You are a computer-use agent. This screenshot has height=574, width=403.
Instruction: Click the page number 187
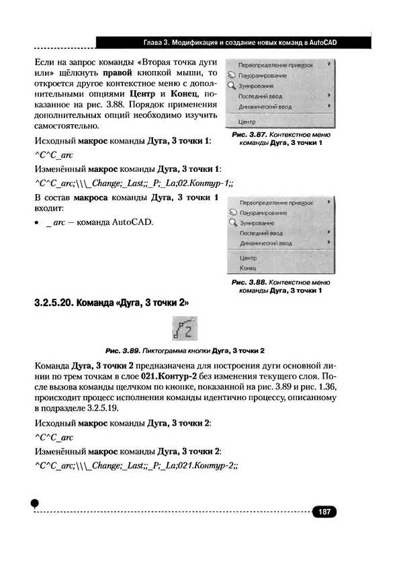click(324, 512)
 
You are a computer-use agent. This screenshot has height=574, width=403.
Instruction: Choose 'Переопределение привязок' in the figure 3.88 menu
click(276, 201)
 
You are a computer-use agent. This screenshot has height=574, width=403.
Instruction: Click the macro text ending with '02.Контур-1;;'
click(134, 183)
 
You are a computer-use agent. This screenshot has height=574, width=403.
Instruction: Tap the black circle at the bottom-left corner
click(36, 504)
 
